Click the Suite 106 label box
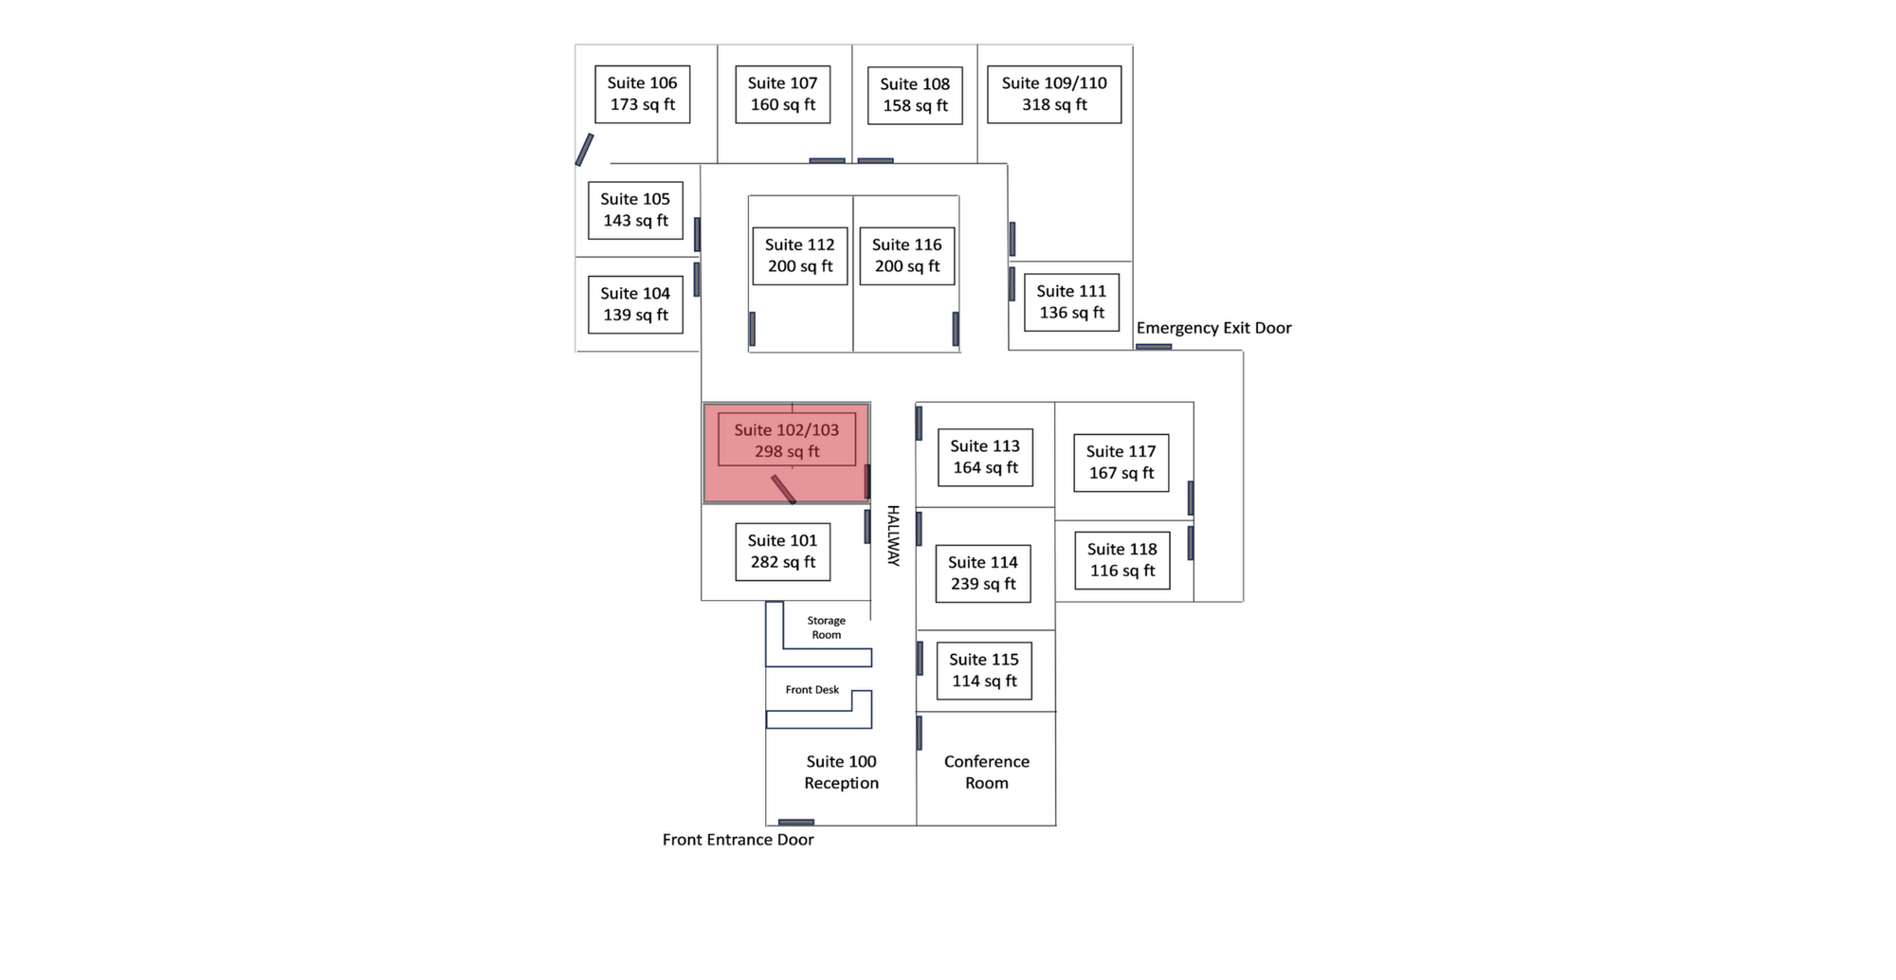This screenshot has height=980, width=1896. point(642,94)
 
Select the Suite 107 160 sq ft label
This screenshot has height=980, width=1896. point(782,94)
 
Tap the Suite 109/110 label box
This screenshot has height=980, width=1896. point(1053,94)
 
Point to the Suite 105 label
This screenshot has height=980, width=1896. point(634,209)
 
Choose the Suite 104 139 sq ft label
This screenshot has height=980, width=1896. point(634,304)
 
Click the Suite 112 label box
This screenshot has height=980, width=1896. point(799,255)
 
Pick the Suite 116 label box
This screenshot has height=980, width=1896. point(906,255)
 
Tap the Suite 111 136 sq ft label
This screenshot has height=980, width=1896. point(1071,301)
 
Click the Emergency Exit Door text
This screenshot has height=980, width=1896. point(1213,328)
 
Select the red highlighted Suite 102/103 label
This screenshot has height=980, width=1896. point(786,441)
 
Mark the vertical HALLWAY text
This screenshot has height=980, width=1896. point(892,535)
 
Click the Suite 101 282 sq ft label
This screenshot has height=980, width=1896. point(782,551)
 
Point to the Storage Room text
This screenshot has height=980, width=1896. point(826,627)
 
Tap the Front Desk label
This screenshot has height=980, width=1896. point(811,690)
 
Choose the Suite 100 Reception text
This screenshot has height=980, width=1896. point(841,771)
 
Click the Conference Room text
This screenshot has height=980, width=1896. point(986,771)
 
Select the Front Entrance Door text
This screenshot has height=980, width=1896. point(738,840)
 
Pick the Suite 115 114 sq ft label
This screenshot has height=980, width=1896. point(983,670)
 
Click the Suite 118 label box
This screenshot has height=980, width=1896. point(1121,559)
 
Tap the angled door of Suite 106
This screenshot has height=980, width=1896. point(584,150)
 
